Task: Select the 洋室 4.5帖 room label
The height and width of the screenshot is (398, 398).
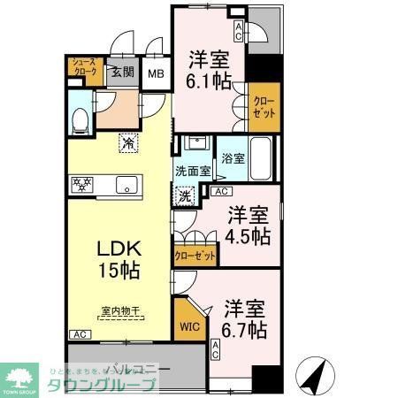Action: [247, 226]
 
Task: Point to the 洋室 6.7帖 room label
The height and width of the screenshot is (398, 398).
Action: [243, 319]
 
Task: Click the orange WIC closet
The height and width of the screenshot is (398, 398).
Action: [188, 323]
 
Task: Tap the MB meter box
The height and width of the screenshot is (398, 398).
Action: [156, 75]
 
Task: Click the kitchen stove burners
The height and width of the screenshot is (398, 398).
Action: [82, 185]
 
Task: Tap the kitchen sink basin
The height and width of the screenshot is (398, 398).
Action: [126, 186]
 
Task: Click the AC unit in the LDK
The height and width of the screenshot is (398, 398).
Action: [79, 335]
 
